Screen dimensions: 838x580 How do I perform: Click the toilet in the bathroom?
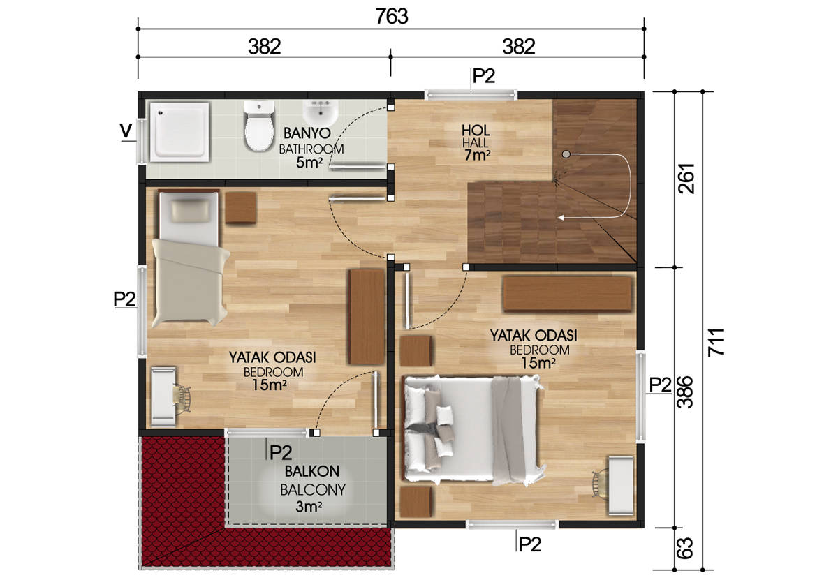tap(258, 126)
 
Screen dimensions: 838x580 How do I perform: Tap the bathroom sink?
tap(321, 113)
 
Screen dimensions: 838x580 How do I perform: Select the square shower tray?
tap(179, 132)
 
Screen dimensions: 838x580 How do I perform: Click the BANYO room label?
tap(307, 133)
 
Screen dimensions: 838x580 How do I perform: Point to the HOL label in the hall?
tap(476, 131)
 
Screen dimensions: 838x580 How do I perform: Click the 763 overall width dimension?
tap(392, 17)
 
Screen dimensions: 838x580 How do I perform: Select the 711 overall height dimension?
tap(716, 342)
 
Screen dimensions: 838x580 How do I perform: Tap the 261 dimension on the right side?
tap(686, 179)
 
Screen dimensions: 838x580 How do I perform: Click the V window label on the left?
tap(126, 131)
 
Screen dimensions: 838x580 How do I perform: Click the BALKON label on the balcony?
tap(312, 471)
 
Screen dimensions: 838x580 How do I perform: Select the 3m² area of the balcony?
tap(309, 507)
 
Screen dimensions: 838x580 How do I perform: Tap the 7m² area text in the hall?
tap(477, 155)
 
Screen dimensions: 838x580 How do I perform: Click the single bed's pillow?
tap(191, 211)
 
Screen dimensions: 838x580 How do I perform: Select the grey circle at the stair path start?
tap(566, 154)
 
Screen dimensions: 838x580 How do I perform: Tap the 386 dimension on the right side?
tap(686, 392)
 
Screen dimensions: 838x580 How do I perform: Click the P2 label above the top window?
tap(484, 76)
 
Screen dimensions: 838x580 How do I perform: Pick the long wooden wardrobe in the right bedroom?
tap(568, 295)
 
